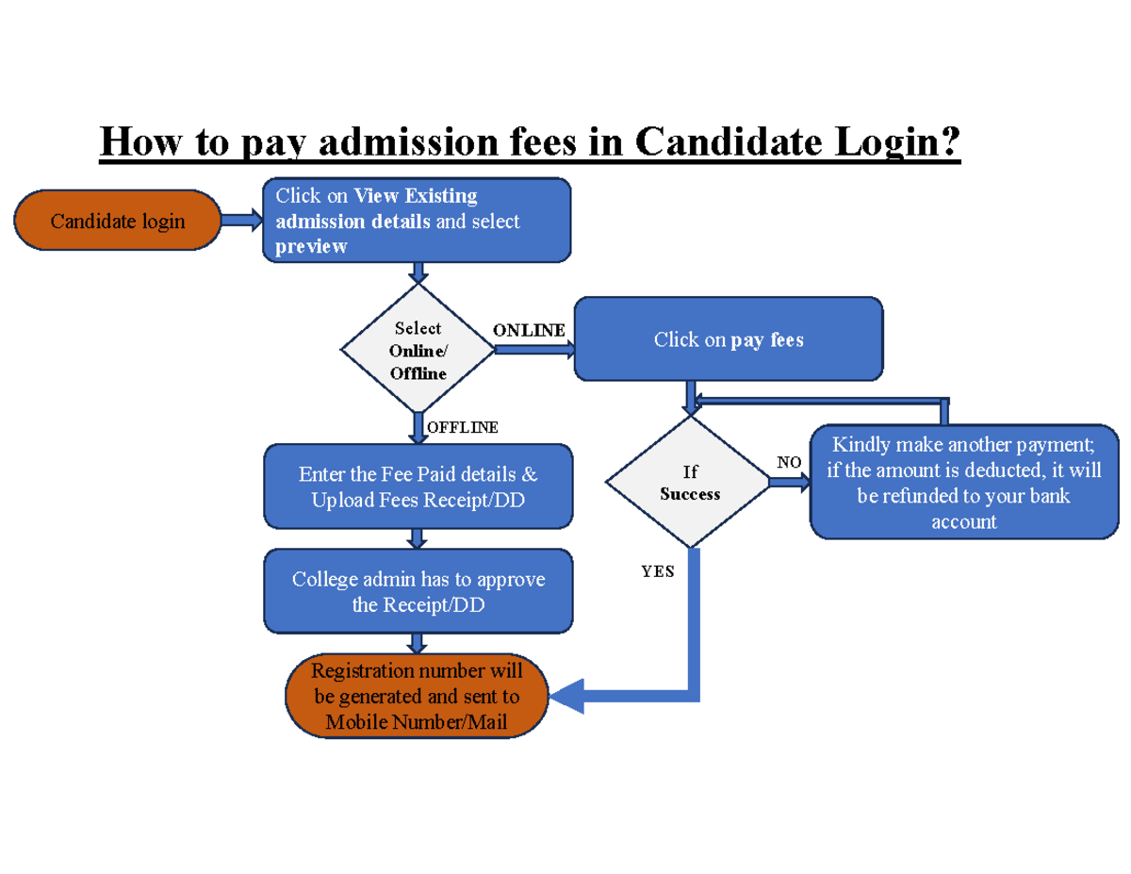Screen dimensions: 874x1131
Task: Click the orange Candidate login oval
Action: click(x=118, y=221)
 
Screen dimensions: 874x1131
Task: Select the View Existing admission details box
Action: click(x=416, y=221)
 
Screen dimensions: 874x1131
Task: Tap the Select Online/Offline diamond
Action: click(x=418, y=350)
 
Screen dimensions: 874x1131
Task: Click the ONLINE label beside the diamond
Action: click(x=529, y=330)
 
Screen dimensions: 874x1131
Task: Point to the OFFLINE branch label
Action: click(x=463, y=427)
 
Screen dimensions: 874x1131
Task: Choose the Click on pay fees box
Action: click(x=729, y=339)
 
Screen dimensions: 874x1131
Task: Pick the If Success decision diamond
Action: click(x=689, y=483)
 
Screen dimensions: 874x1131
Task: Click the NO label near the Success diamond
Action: click(x=789, y=462)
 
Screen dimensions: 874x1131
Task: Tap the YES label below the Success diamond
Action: click(x=658, y=571)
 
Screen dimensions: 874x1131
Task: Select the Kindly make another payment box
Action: click(x=964, y=482)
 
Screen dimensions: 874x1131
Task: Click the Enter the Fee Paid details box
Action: click(x=418, y=486)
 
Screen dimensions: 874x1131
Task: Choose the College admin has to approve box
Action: click(x=418, y=591)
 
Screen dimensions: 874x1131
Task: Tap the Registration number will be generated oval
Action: click(x=417, y=697)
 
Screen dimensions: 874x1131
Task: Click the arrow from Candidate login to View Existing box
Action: click(x=241, y=221)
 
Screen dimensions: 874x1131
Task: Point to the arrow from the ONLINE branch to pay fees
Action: click(x=534, y=350)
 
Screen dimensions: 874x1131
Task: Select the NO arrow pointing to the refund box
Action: click(x=790, y=482)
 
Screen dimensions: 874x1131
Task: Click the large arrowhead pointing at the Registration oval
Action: click(x=568, y=697)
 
